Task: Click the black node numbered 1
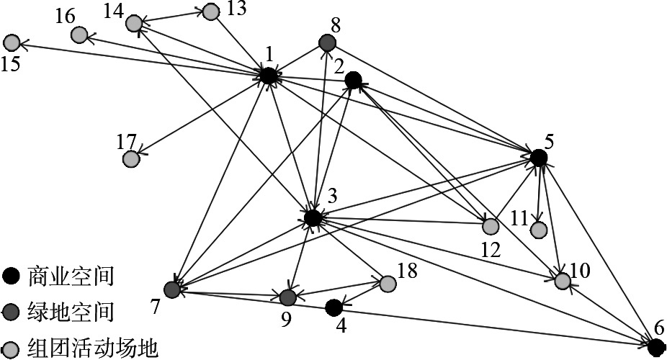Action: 268,75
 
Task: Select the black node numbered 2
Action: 353,80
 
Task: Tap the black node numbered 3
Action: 313,217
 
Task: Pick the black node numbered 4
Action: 333,308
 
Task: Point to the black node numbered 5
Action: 538,156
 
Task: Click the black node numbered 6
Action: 655,347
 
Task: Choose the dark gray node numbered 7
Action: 171,289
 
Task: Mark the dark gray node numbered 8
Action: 327,44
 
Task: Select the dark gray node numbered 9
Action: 287,297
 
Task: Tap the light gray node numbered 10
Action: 563,281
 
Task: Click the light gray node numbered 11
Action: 538,230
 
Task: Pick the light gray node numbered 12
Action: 490,226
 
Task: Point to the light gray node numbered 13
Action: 210,12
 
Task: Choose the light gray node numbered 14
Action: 133,23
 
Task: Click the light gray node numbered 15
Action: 12,42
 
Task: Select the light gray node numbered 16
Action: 79,34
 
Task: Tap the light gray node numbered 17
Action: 130,158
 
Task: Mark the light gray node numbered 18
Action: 388,284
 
